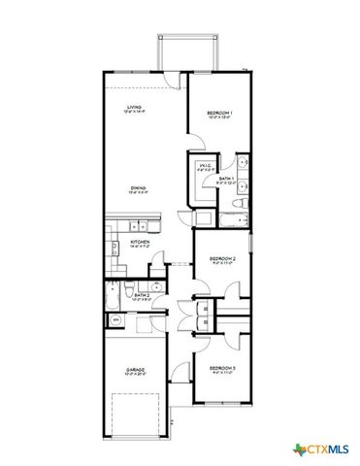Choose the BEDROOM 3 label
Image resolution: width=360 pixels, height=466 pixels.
(x=223, y=368)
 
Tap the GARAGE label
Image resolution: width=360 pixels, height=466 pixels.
(x=134, y=371)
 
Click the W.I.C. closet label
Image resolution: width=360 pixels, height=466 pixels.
(x=206, y=165)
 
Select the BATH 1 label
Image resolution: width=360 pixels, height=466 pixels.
(x=224, y=180)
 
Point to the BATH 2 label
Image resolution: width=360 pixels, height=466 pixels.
(x=142, y=295)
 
